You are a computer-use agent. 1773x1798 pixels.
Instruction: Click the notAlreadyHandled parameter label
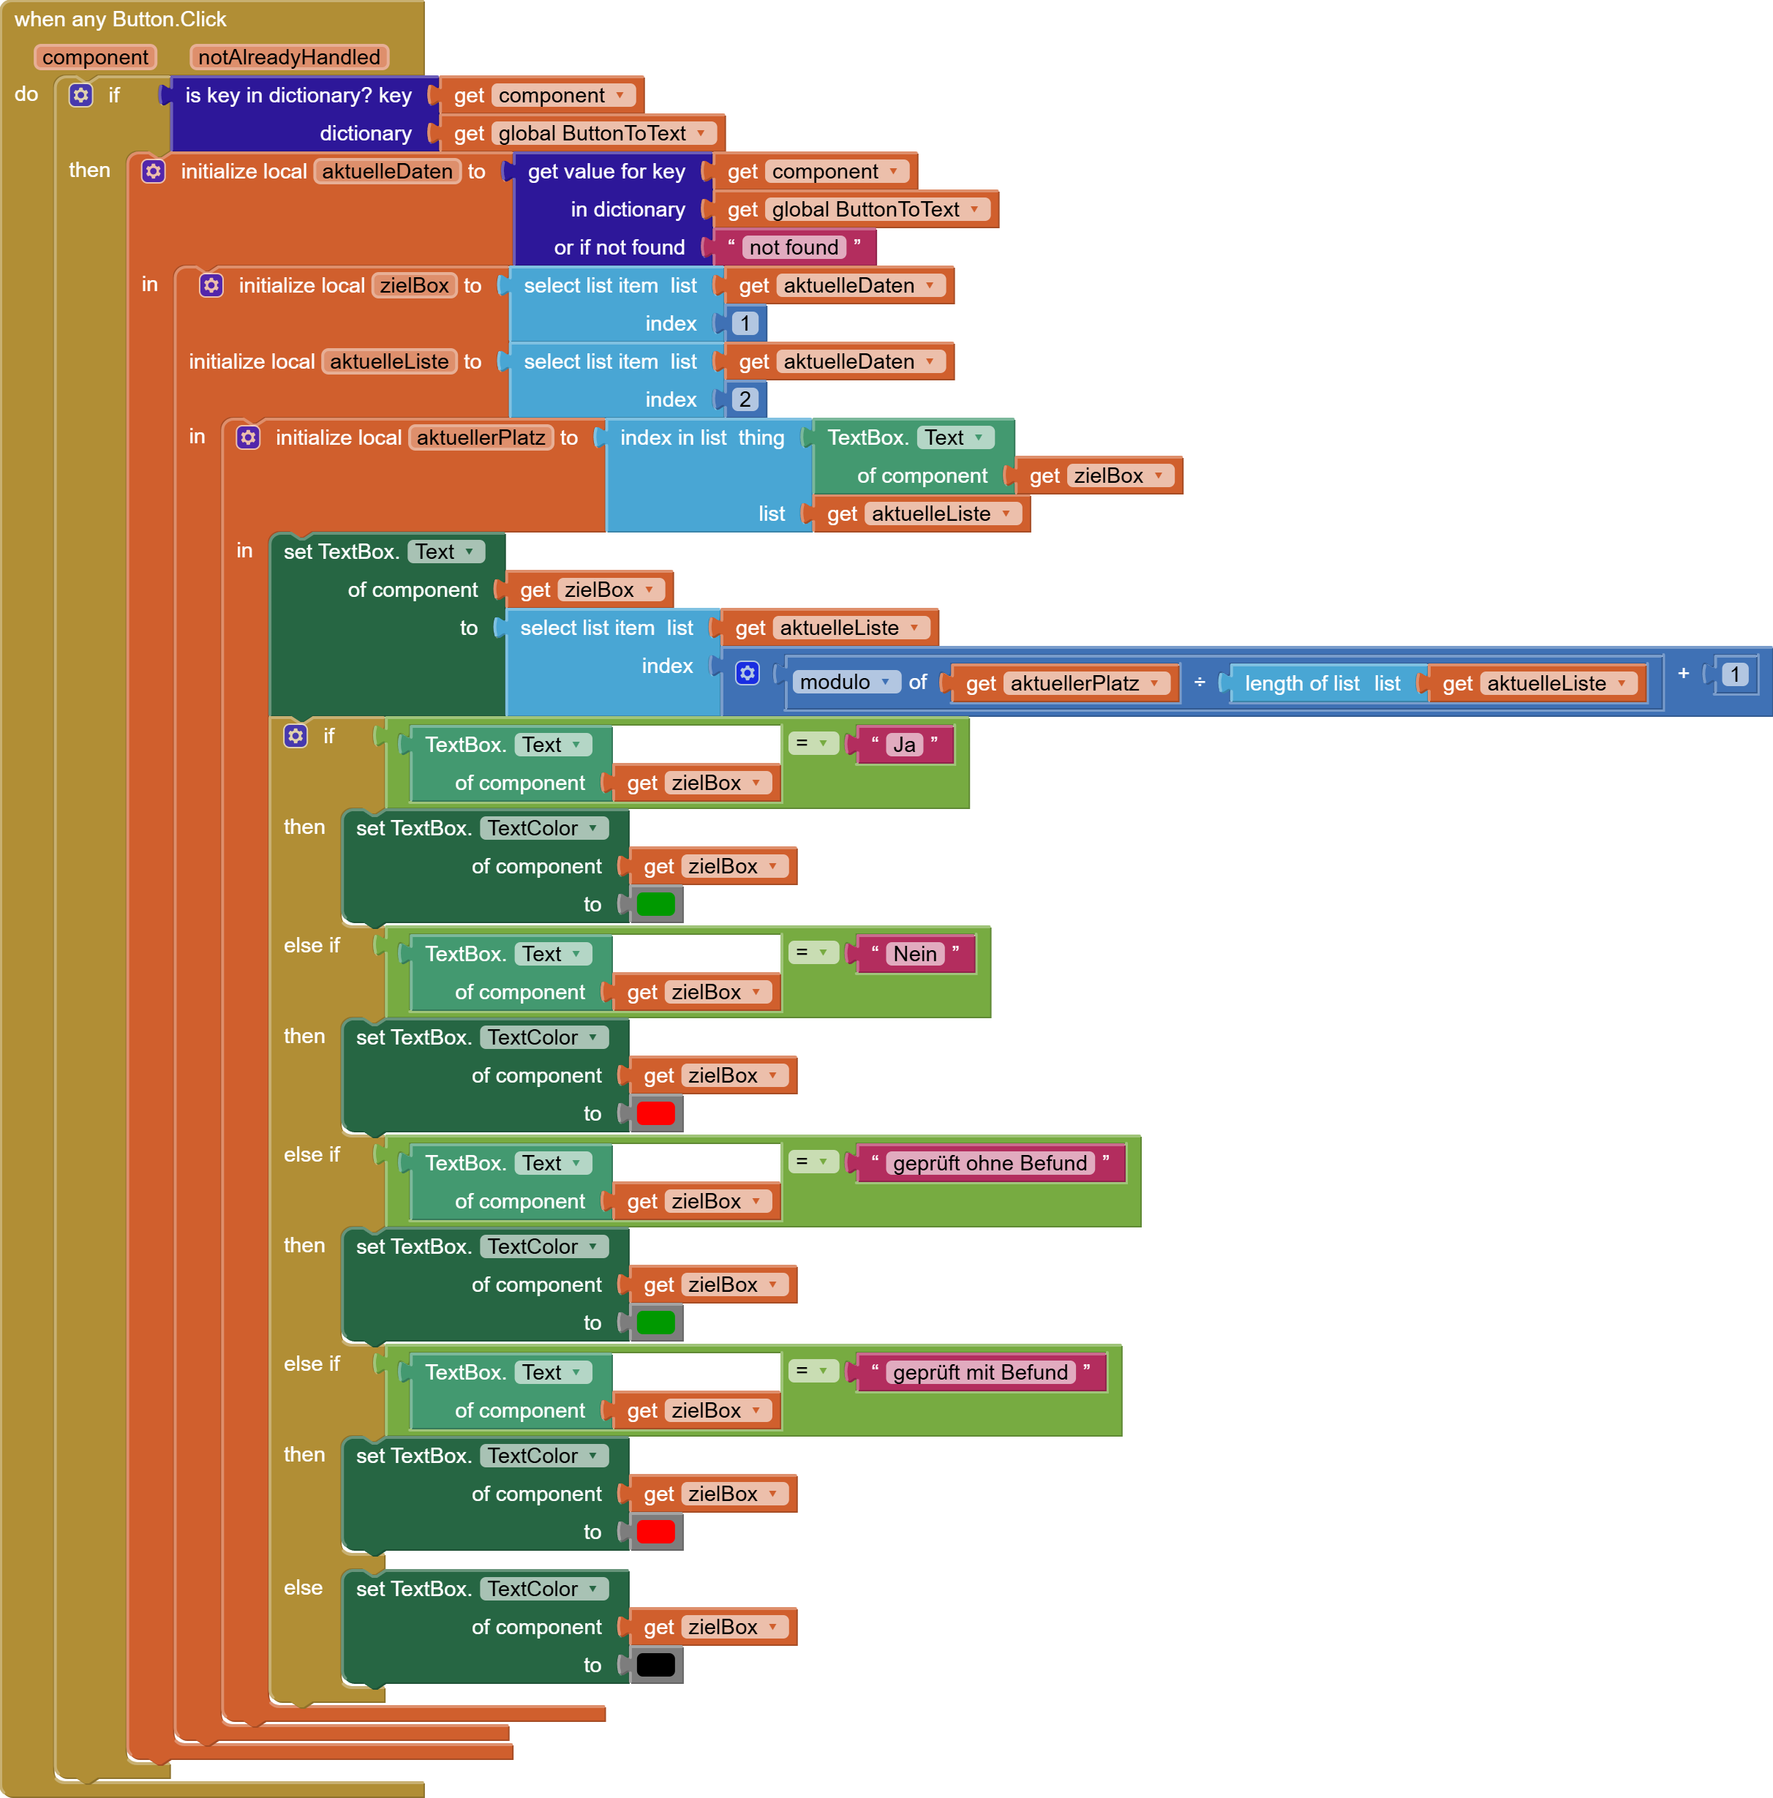[288, 57]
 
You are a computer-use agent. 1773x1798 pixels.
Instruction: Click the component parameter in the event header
[95, 57]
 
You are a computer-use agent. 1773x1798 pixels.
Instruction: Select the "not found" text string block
[794, 247]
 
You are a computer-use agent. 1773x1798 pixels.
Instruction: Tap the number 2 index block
[745, 399]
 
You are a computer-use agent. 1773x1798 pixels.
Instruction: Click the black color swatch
[656, 1665]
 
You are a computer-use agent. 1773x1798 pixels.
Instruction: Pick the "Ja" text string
[904, 745]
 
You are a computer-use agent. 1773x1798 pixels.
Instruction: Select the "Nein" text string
[915, 954]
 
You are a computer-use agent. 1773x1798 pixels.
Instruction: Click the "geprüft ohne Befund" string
[990, 1163]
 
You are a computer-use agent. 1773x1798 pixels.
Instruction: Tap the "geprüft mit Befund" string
[980, 1373]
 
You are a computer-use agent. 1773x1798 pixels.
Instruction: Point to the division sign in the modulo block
[1200, 682]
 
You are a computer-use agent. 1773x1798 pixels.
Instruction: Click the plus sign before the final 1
[1684, 673]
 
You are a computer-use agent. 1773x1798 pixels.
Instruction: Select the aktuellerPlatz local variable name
[481, 437]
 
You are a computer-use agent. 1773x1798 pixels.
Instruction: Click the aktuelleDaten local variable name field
[387, 171]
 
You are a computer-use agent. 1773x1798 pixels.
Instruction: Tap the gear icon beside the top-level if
[81, 95]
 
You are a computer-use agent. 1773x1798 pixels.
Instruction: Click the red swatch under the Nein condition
[656, 1113]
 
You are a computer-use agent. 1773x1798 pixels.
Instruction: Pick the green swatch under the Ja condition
[656, 903]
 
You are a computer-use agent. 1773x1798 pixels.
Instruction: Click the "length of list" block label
[1302, 683]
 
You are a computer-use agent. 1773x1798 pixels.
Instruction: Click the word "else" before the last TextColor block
[304, 1587]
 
